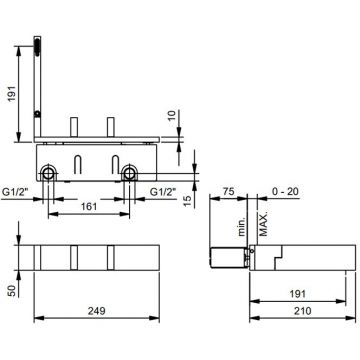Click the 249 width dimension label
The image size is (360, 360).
click(97, 311)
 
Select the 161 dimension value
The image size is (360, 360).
click(89, 207)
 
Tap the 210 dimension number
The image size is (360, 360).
click(303, 311)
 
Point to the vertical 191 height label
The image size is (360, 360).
click(12, 93)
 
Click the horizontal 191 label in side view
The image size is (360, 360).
click(297, 294)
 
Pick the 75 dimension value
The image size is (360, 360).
click(228, 191)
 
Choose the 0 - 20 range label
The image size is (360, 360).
click(285, 191)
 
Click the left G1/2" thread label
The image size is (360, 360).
click(15, 192)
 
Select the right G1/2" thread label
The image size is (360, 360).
click(163, 192)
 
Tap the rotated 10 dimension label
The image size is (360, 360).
click(171, 116)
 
